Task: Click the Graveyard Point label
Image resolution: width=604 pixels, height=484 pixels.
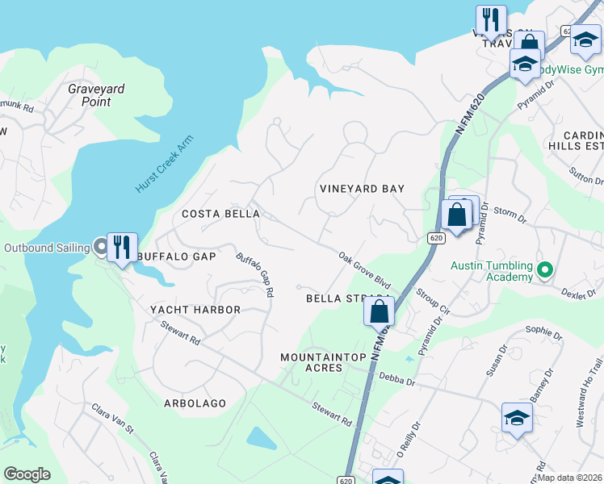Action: coord(96,95)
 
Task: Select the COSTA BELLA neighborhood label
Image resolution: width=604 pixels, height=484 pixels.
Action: coord(220,214)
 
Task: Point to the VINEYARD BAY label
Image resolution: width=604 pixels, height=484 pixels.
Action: coord(362,189)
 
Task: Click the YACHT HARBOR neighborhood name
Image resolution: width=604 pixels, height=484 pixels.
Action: coord(195,310)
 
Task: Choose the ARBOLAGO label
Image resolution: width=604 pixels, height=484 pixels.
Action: coord(195,403)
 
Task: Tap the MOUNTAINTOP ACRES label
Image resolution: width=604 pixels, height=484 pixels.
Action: coord(323,362)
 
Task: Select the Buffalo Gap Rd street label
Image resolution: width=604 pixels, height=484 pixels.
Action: coord(254,274)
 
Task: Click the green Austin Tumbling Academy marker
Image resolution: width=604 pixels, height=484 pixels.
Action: coord(544,269)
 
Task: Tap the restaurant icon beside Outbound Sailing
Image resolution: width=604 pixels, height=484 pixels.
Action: coord(122,246)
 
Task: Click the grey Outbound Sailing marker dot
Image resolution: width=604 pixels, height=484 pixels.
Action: coord(101,247)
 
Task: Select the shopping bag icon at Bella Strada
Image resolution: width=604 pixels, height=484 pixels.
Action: coord(380,310)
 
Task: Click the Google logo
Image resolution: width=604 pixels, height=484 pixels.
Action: coord(27,474)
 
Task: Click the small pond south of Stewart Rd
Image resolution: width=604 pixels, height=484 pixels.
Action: coord(261,437)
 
